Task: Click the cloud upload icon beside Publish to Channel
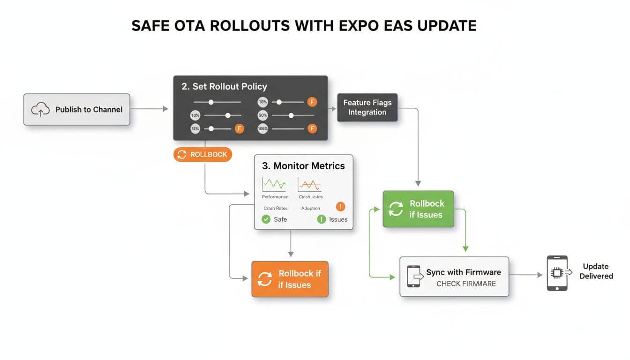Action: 40,110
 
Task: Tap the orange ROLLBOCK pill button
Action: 202,155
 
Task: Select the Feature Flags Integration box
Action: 367,107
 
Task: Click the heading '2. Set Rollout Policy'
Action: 224,86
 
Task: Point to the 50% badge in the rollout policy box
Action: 262,115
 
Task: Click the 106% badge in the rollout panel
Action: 262,128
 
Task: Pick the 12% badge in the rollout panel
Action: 195,128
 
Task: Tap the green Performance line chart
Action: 274,184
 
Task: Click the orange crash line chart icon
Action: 310,184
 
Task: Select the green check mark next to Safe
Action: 266,219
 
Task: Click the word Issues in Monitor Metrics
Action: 338,219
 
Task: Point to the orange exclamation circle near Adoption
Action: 340,206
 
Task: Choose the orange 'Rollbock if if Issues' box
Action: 290,279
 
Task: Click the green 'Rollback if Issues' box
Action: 418,209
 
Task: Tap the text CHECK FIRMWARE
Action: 465,284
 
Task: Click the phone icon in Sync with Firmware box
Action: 413,277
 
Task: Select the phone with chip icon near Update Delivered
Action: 557,273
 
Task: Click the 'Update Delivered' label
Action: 596,271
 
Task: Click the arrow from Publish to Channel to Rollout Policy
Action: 149,109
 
